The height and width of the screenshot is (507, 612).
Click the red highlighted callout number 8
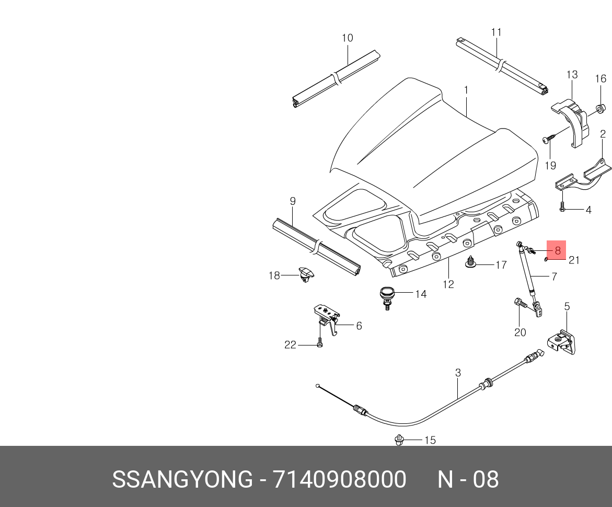[x=557, y=250]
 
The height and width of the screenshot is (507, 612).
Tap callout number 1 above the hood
[x=466, y=90]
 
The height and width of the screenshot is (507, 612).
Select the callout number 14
[x=421, y=294]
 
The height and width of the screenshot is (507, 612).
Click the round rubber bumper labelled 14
[x=387, y=295]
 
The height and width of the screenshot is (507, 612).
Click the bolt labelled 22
[x=320, y=344]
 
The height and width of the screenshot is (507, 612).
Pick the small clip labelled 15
[x=400, y=440]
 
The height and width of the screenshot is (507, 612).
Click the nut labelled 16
[x=601, y=108]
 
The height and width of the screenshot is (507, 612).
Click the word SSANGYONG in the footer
[x=182, y=479]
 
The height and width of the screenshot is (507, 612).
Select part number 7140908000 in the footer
[x=340, y=479]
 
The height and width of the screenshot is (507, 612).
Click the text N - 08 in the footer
[x=468, y=479]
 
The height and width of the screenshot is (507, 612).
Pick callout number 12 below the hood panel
[x=448, y=284]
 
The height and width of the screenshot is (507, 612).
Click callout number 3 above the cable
[x=458, y=373]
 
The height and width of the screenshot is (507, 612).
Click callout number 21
[x=574, y=260]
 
